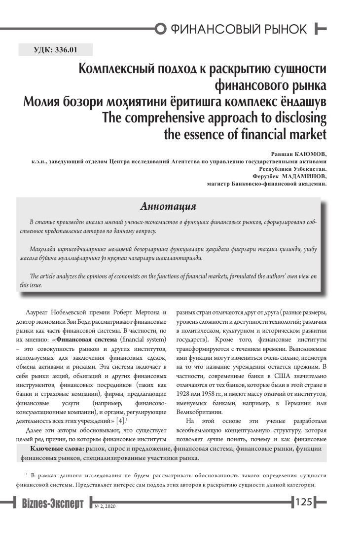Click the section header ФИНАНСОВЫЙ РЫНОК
tap(239, 29)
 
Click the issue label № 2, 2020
tap(105, 506)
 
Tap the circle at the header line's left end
tap(159, 29)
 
